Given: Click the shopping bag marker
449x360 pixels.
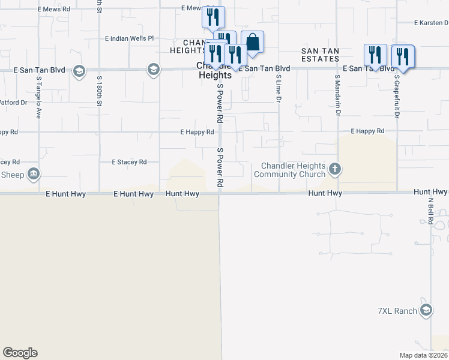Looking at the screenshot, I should (253, 43).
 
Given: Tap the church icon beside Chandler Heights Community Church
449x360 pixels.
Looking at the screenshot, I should (335, 169).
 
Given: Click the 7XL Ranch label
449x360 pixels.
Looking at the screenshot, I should (397, 311).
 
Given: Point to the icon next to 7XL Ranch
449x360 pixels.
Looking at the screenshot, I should (426, 310).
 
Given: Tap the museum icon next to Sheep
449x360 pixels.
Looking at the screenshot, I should (34, 174).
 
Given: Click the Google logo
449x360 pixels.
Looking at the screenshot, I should (20, 353).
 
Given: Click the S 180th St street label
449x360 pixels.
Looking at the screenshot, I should (98, 92).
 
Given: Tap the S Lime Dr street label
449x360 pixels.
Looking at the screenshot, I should (279, 89).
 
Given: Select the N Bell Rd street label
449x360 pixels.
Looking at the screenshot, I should (430, 210).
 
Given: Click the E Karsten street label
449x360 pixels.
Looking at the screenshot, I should (431, 23).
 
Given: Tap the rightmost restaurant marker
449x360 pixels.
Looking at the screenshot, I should (402, 57).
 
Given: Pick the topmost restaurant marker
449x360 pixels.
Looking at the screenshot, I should (212, 17).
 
